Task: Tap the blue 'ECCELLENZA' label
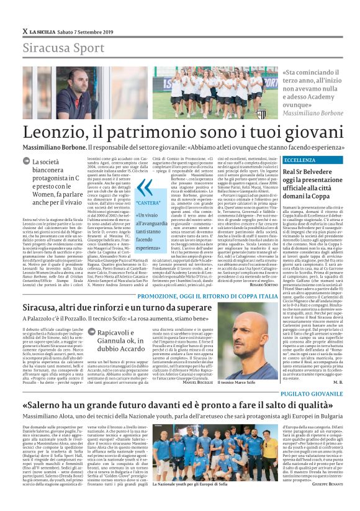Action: [300, 160]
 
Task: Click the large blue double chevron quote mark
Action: [144, 188]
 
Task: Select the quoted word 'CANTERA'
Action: [148, 204]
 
